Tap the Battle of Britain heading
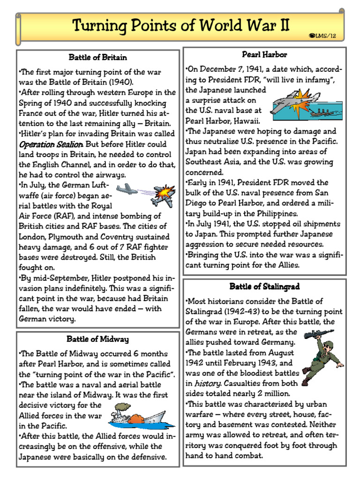coord(98,58)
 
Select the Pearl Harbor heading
coord(264,55)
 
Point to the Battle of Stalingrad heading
coord(264,286)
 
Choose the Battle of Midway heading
coord(97,339)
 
